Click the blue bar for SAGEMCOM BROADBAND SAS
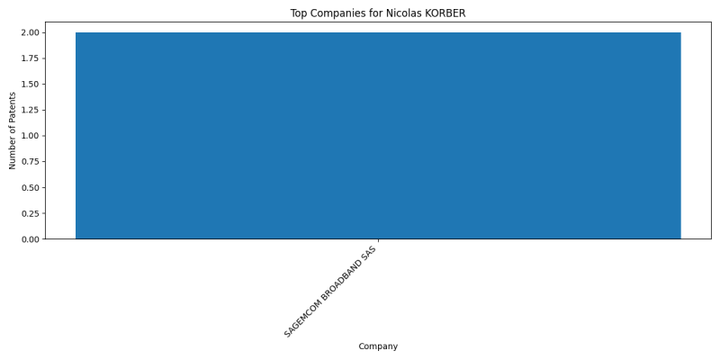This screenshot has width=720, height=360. coord(378,136)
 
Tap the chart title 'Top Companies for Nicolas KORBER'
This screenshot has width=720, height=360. coord(378,13)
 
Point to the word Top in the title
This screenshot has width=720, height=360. coord(298,13)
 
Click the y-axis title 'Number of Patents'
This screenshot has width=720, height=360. coord(13,130)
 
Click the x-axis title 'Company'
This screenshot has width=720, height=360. coord(378,346)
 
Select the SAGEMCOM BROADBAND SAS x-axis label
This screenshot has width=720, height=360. coord(330,292)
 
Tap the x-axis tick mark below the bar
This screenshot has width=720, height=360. coord(378,240)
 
